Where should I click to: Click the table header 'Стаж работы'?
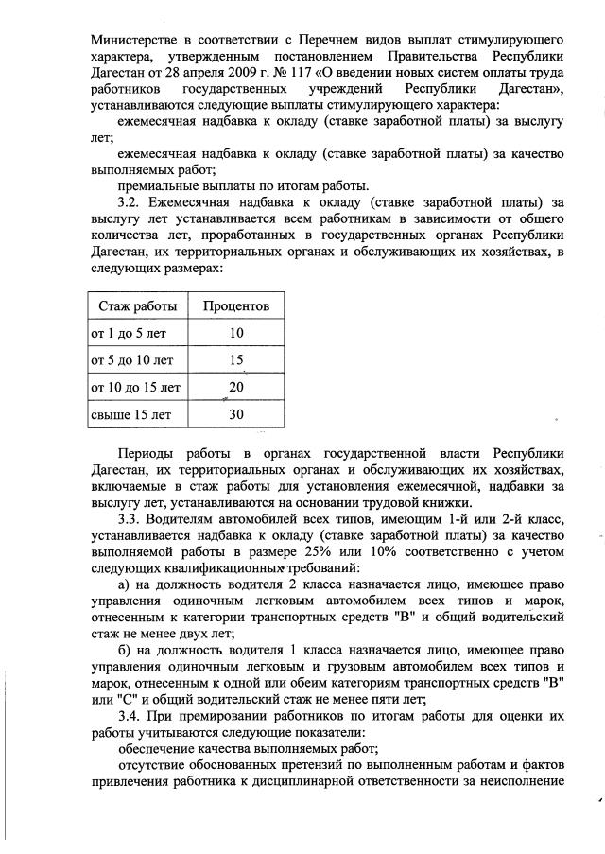[x=137, y=306]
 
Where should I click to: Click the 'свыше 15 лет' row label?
[x=130, y=414]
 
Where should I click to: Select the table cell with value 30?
[x=236, y=414]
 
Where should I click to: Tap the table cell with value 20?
[x=236, y=387]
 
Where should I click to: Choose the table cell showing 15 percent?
[x=236, y=360]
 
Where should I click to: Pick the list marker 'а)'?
[x=125, y=586]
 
